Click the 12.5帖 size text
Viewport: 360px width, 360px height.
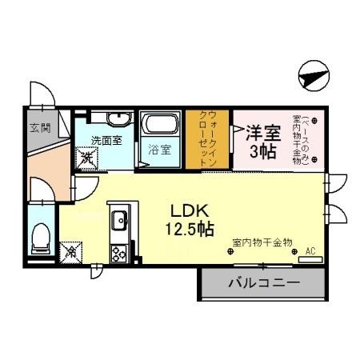[x=190, y=229]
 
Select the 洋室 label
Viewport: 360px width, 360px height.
[x=262, y=132]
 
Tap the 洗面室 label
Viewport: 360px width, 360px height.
[x=106, y=140]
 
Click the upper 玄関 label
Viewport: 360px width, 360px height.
[x=40, y=126]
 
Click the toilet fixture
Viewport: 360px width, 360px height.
[x=41, y=238]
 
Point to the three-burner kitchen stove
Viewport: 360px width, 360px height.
[x=119, y=254]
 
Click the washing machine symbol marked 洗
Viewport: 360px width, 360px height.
[x=86, y=158]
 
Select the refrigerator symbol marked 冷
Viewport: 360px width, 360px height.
[x=71, y=251]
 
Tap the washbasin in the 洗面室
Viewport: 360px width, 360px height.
[x=117, y=119]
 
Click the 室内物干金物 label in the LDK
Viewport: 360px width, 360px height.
[x=262, y=242]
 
